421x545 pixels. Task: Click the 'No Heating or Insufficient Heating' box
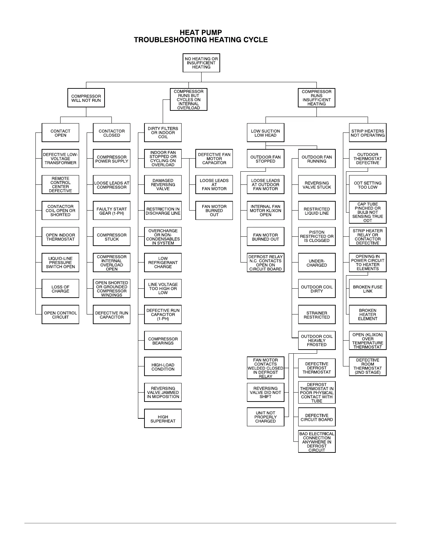tap(201, 63)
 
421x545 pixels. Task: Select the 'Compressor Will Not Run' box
tap(86, 98)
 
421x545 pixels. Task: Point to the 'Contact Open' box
tap(60, 133)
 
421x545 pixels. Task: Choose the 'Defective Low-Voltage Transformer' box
tap(60, 159)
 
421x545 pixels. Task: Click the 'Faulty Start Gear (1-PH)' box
tap(111, 211)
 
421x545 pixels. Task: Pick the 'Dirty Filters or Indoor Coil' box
tap(163, 133)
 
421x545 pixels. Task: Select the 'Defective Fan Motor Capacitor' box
tap(214, 159)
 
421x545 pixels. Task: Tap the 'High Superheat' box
tap(163, 419)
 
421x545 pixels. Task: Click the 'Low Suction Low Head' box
tap(266, 133)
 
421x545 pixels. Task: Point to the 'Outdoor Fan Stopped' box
tap(266, 159)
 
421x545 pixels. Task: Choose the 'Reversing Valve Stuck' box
tap(317, 185)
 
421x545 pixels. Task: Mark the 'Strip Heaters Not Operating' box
tap(368, 133)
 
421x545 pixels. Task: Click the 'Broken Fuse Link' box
tap(368, 289)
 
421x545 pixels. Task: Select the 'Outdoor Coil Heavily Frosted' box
tap(317, 341)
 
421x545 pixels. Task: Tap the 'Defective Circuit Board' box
tap(317, 417)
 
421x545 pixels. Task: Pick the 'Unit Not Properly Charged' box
tap(266, 417)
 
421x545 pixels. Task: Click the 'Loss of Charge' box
tap(60, 289)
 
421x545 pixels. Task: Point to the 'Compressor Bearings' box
tap(163, 341)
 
